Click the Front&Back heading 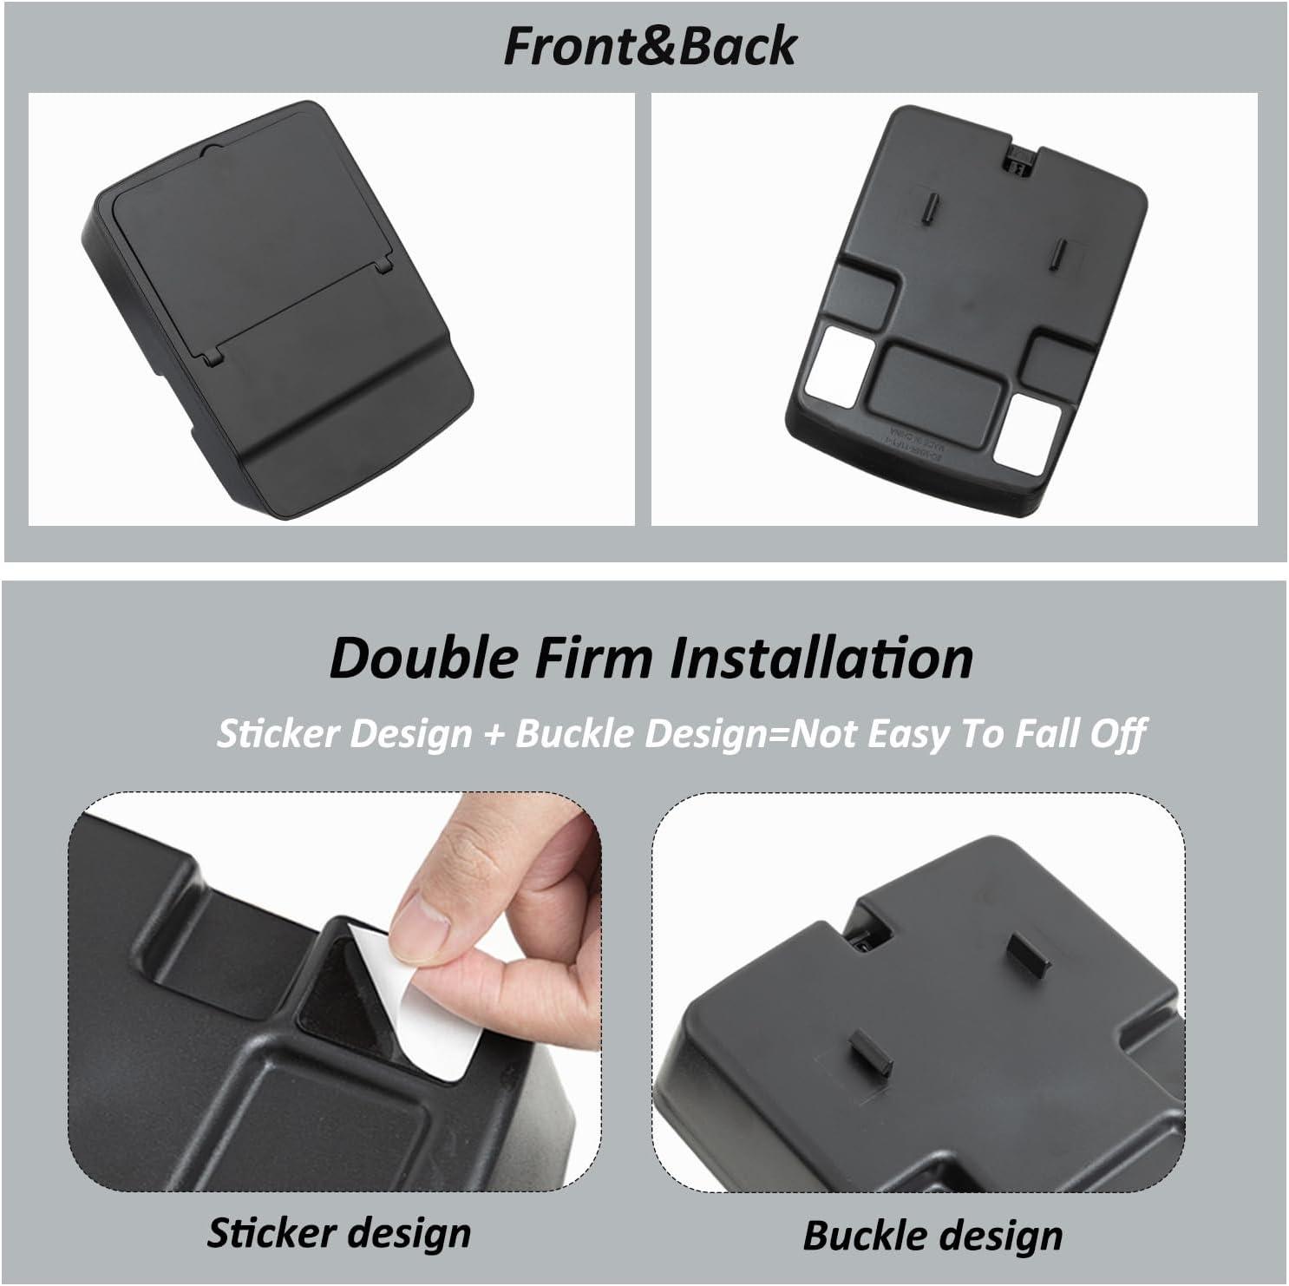pyautogui.click(x=649, y=46)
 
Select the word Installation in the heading pyautogui.click(x=821, y=658)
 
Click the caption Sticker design pyautogui.click(x=339, y=1233)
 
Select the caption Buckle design pyautogui.click(x=932, y=1235)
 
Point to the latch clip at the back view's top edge pyautogui.click(x=1017, y=159)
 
